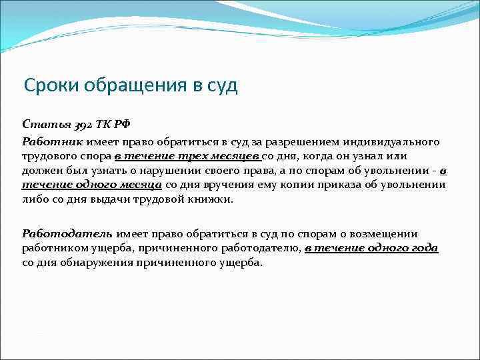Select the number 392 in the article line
(76, 124)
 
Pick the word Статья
(42, 124)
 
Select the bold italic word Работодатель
(68, 234)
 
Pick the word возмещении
(389, 234)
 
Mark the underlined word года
(424, 248)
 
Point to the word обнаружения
(95, 262)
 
